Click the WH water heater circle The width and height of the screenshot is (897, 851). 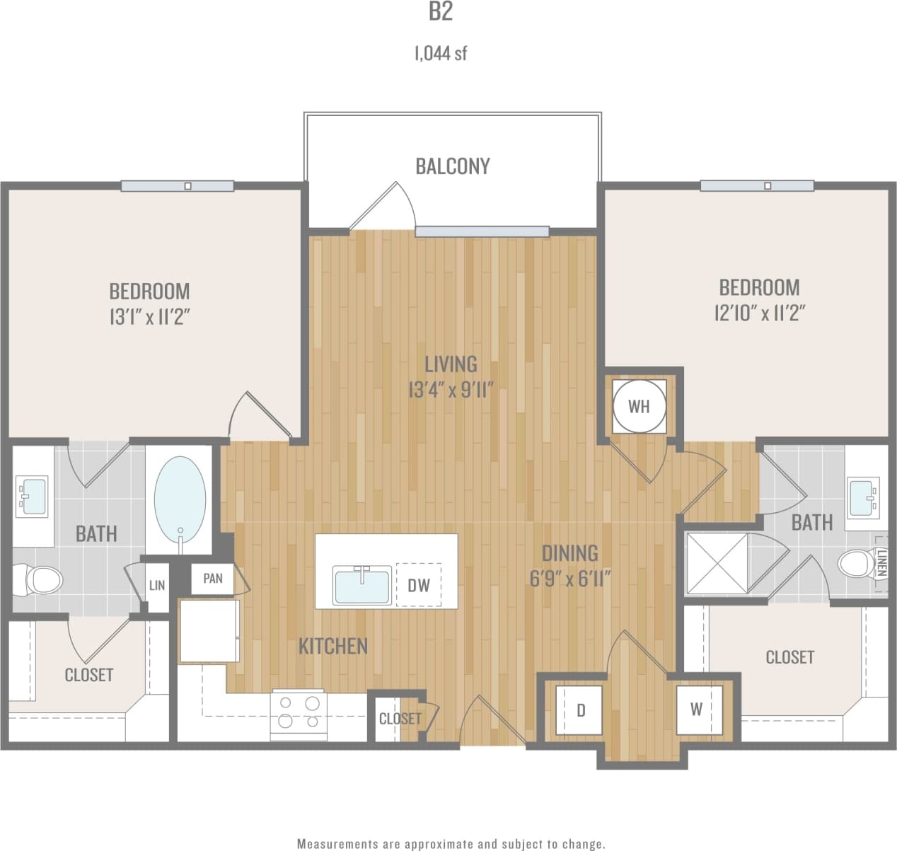(x=639, y=406)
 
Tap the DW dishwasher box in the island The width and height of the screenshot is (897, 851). (x=418, y=585)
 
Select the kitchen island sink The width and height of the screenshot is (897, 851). (x=362, y=586)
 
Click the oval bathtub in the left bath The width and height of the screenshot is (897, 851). (x=180, y=498)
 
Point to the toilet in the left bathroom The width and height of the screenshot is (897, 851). (x=42, y=579)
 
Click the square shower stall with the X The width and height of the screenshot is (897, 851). (x=717, y=563)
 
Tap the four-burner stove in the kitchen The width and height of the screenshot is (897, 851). (x=299, y=712)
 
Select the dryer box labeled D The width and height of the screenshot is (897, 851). (x=580, y=710)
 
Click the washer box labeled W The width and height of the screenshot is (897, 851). (x=697, y=709)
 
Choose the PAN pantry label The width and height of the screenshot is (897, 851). (x=213, y=579)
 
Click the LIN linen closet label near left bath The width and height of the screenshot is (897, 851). (x=157, y=585)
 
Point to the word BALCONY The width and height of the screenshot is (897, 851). (x=452, y=166)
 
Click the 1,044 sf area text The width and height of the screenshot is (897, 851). (x=440, y=54)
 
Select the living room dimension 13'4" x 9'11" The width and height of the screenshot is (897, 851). (x=450, y=390)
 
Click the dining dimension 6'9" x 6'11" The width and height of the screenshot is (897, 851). (x=569, y=579)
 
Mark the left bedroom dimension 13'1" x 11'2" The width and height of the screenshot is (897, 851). (x=149, y=317)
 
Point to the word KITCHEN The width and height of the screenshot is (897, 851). (x=332, y=646)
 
